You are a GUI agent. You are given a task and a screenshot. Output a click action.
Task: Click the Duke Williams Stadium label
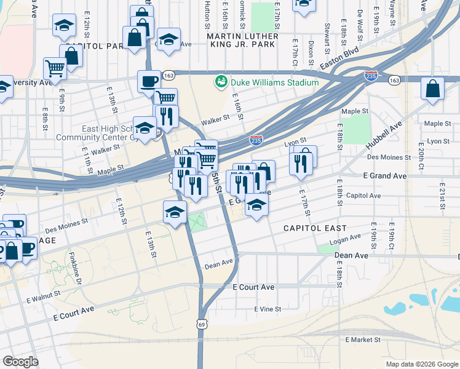(274, 82)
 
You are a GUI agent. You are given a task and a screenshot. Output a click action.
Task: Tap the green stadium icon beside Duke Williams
(220, 82)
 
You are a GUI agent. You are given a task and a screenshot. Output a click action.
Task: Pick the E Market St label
(363, 339)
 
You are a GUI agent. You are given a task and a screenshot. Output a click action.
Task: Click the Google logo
(21, 362)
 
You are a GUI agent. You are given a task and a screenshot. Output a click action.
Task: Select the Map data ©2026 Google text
(422, 364)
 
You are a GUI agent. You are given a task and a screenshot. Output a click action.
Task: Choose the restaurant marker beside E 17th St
(299, 163)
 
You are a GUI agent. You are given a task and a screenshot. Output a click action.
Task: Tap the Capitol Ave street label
(363, 196)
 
